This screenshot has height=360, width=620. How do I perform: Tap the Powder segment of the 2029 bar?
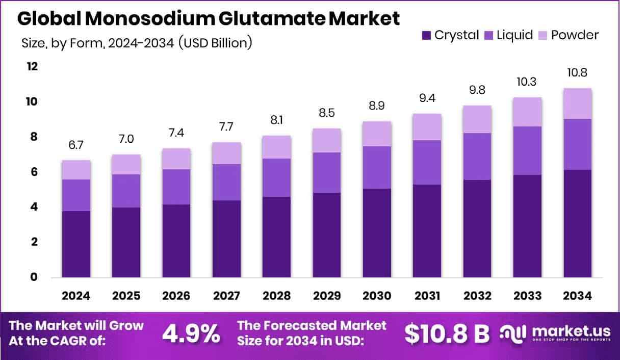(327, 140)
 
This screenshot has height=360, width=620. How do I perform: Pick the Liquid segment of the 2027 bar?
(227, 182)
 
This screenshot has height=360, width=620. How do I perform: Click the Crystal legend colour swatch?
(426, 35)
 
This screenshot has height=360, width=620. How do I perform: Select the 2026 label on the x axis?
(176, 296)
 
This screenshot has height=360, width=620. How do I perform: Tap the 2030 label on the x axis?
(377, 296)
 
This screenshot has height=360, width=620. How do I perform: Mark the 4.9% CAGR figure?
(191, 333)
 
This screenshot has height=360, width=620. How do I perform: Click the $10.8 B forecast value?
(447, 333)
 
